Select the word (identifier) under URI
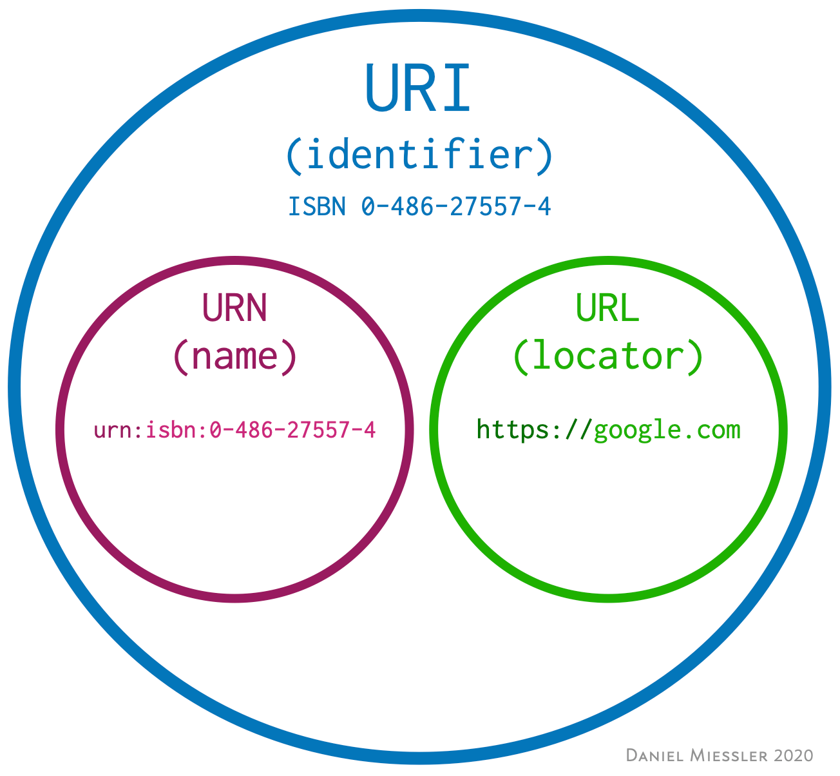click(x=419, y=155)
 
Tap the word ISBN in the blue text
click(x=316, y=207)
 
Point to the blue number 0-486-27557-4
click(x=456, y=207)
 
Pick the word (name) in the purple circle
click(x=234, y=355)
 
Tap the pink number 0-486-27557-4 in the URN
click(x=292, y=429)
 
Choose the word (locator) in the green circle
click(x=607, y=355)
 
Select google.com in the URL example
click(x=667, y=429)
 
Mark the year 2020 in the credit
click(x=794, y=755)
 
